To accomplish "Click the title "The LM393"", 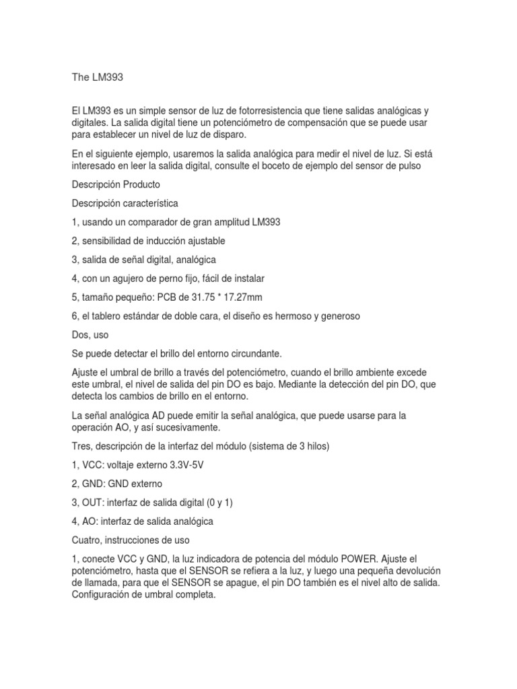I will (x=98, y=77).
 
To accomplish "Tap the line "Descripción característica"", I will (x=125, y=203).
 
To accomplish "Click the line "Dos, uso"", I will (x=90, y=334).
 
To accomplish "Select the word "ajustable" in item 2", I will (x=203, y=240).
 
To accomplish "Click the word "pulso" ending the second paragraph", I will (x=408, y=166).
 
